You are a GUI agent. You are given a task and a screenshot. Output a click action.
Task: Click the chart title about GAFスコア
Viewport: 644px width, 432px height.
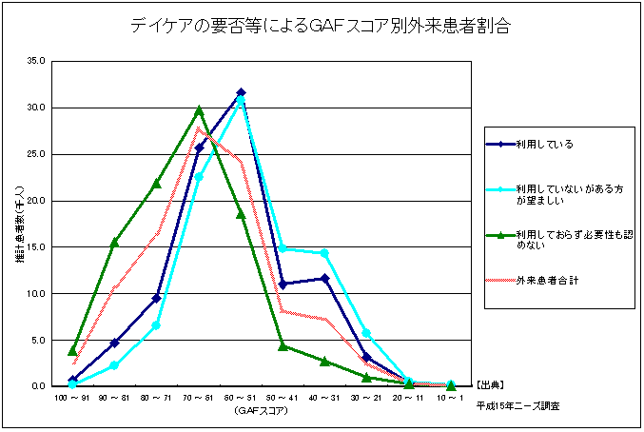321,27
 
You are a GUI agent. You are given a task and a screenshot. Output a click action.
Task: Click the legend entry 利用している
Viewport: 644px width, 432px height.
545,144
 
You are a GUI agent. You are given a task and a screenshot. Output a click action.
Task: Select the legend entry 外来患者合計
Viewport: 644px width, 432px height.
548,281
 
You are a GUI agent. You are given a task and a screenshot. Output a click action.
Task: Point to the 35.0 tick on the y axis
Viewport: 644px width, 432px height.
36,61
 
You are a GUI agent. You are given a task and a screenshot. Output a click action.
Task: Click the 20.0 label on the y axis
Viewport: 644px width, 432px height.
36,201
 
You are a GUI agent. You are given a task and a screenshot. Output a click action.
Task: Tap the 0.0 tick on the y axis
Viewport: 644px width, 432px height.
38,386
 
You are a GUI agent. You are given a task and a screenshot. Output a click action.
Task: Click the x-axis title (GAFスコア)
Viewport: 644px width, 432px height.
262,411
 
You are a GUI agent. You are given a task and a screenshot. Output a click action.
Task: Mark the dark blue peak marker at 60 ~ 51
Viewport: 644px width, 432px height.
241,93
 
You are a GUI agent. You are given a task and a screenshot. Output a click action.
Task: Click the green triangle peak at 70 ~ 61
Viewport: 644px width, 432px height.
199,110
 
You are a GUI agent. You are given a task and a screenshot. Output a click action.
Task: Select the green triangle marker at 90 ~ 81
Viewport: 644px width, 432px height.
114,242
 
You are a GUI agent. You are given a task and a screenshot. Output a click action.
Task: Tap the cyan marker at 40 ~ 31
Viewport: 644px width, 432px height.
324,253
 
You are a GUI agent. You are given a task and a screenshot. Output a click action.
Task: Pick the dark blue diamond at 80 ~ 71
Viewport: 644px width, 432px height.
156,298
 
